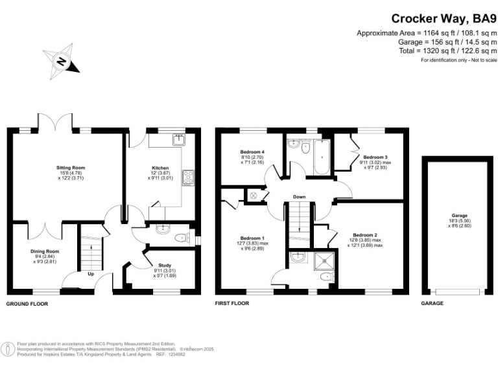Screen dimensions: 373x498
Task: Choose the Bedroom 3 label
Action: (x=375, y=157)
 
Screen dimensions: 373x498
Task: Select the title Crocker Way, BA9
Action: (x=444, y=19)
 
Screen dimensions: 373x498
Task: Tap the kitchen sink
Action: (x=178, y=140)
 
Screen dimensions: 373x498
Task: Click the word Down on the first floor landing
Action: (x=299, y=197)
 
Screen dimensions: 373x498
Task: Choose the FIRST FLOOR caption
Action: (x=235, y=303)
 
